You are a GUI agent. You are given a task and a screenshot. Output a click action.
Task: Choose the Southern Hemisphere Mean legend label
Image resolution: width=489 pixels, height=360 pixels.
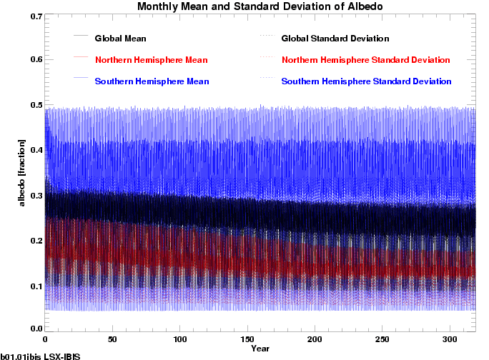tap(152, 81)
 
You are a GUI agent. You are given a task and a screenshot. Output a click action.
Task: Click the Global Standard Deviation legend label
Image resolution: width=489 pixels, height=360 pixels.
tap(335, 38)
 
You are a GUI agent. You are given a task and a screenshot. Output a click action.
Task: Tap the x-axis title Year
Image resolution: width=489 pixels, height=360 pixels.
tap(260, 349)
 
